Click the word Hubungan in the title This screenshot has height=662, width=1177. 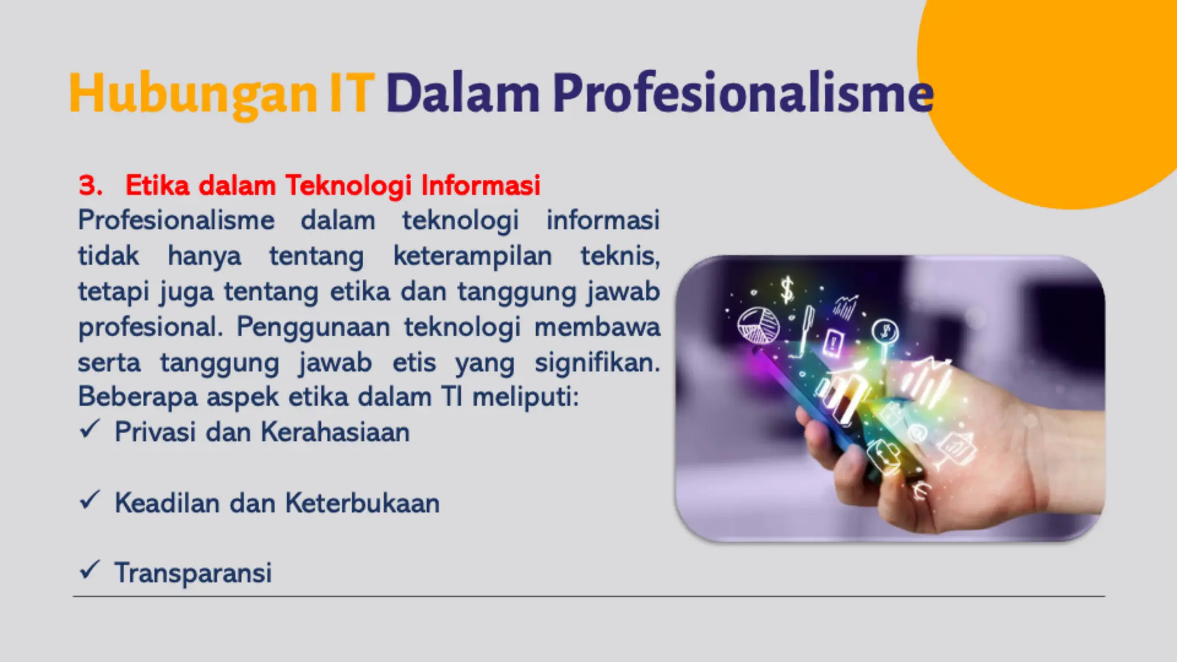(x=193, y=94)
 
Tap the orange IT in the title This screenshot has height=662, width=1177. (x=352, y=94)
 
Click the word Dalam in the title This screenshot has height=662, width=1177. (x=463, y=94)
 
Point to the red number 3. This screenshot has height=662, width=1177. (x=90, y=186)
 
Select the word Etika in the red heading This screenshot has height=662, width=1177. (x=157, y=186)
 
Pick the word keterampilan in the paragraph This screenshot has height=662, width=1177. (x=472, y=256)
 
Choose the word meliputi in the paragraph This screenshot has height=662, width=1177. (x=524, y=397)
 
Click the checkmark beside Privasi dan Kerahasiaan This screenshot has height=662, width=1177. (x=90, y=429)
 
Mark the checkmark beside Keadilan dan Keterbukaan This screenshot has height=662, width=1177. (x=90, y=500)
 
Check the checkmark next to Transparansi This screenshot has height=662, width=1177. (x=90, y=570)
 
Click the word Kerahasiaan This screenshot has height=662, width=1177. (x=335, y=432)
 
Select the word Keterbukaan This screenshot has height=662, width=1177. (x=363, y=503)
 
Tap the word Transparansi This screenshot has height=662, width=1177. (x=193, y=573)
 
